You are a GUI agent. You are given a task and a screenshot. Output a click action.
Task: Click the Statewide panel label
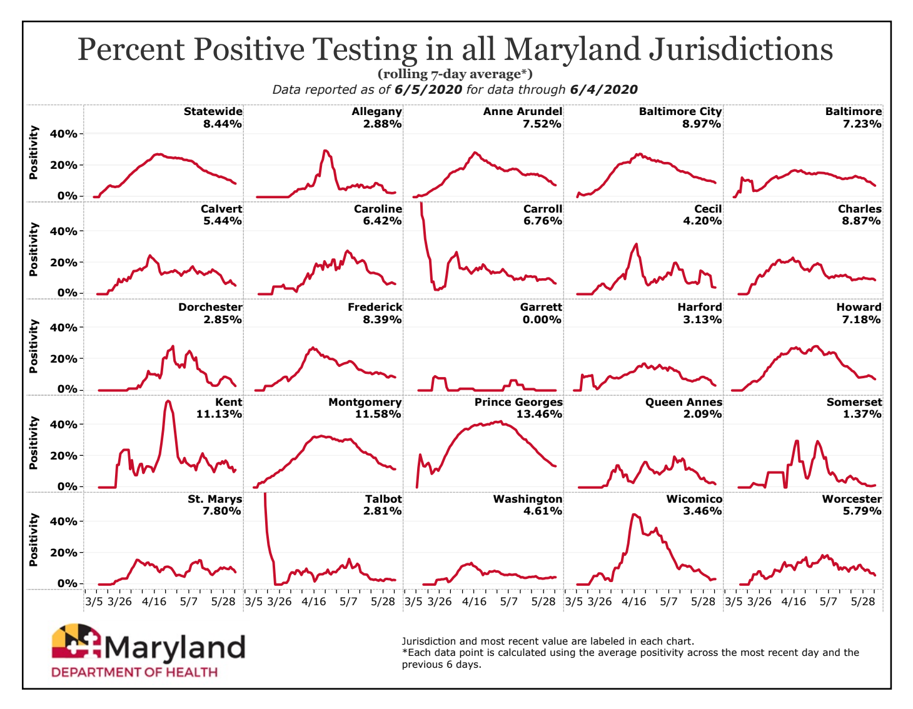point(213,111)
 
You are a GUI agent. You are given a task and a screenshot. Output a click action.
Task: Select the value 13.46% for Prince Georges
point(539,414)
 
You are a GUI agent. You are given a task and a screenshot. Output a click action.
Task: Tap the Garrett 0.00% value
point(542,319)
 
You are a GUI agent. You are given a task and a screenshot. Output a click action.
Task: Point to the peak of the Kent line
point(168,401)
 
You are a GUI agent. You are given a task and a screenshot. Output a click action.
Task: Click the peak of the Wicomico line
point(634,515)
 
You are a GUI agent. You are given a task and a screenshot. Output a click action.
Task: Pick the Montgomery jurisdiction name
point(365,402)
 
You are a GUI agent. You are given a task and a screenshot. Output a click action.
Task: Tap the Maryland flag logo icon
point(76,640)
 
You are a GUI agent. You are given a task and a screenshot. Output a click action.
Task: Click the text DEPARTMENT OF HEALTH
point(134,673)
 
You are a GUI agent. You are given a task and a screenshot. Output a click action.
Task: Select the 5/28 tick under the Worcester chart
point(864,601)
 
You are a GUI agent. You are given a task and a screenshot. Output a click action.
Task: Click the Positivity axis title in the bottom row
point(34,540)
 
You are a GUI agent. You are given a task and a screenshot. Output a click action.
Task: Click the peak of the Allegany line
point(325,151)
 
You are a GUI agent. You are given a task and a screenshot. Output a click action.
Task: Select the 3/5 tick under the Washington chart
point(413,601)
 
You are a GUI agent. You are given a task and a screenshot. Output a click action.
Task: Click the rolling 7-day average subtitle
point(455,74)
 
